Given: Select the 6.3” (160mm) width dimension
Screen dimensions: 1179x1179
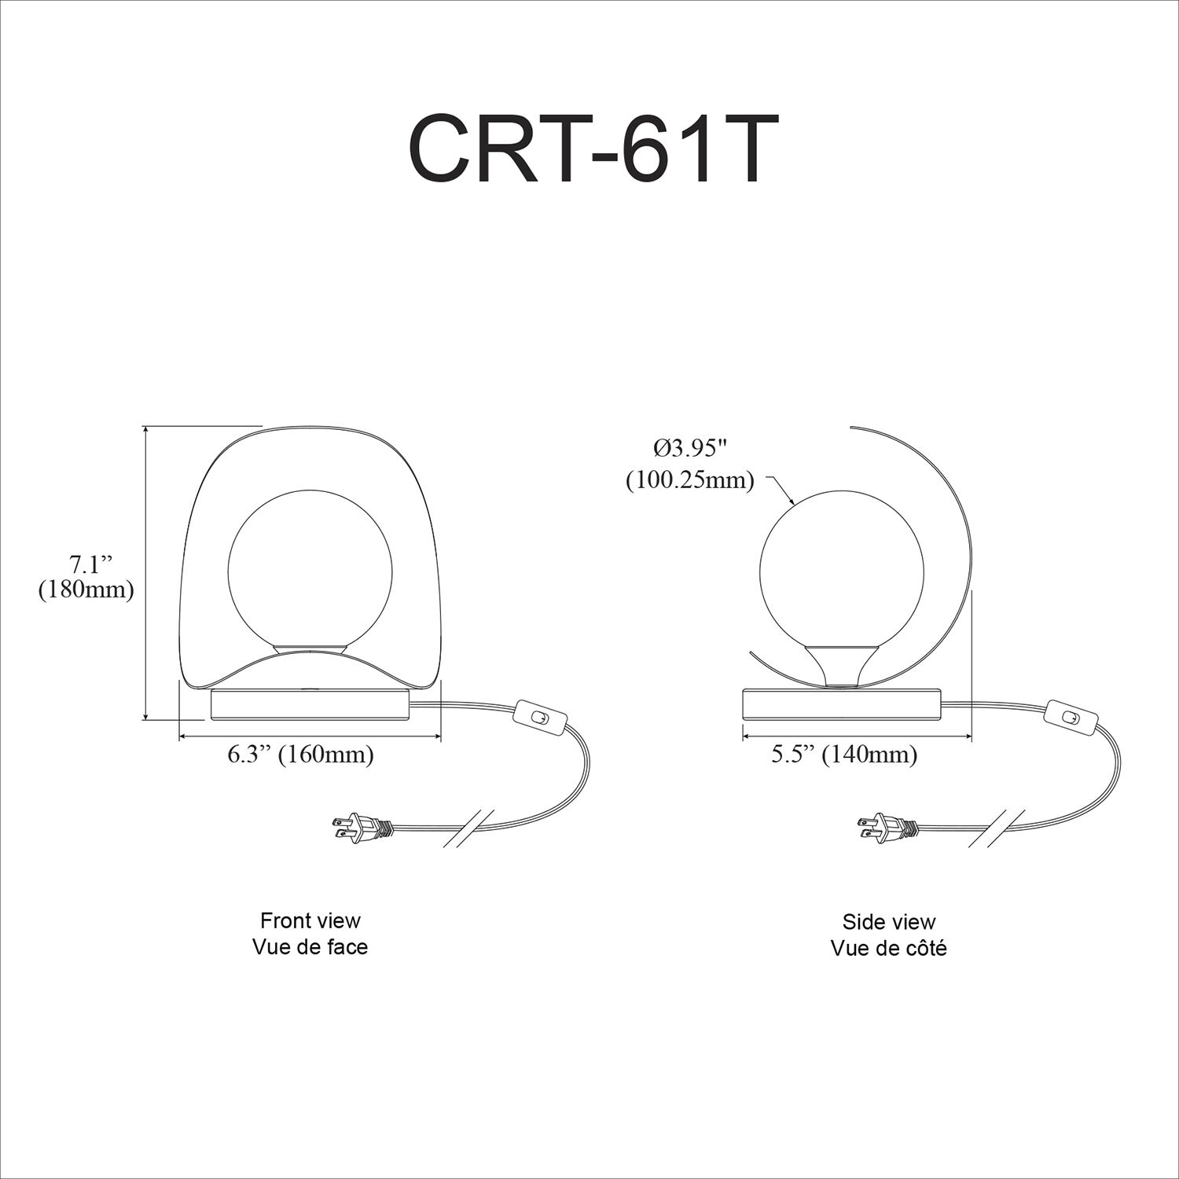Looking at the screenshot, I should pyautogui.click(x=300, y=755).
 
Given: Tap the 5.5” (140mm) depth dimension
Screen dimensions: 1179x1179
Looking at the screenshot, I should pyautogui.click(x=844, y=755).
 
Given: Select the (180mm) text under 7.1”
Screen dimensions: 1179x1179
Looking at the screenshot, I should pyautogui.click(x=86, y=589).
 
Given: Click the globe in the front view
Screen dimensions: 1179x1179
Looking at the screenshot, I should pyautogui.click(x=309, y=567).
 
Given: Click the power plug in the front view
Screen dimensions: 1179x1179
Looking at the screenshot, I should pyautogui.click(x=359, y=827).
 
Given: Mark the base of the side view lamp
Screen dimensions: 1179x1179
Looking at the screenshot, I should pyautogui.click(x=843, y=704).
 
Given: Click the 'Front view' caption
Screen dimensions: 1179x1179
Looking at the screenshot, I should pyautogui.click(x=310, y=920).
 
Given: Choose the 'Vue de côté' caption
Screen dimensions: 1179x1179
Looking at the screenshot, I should pyautogui.click(x=888, y=948).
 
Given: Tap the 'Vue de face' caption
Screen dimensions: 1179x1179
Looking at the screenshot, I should pyautogui.click(x=310, y=946).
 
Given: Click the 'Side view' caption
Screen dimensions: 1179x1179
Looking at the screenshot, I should pyautogui.click(x=888, y=921).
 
